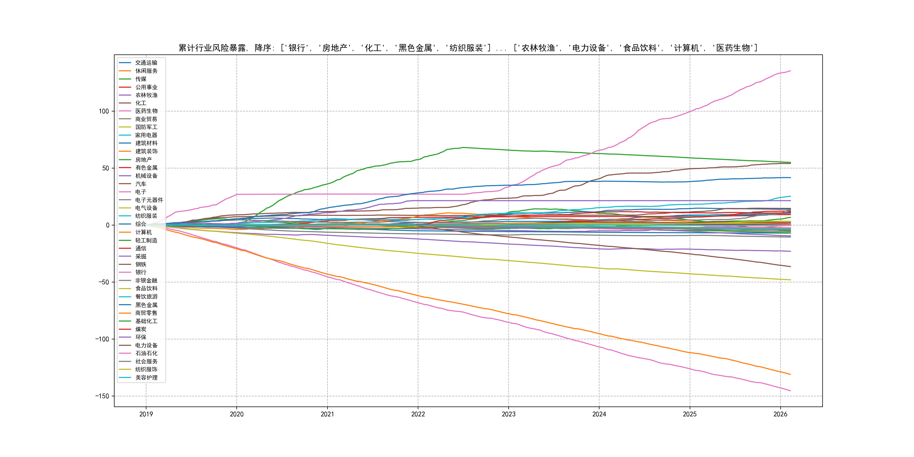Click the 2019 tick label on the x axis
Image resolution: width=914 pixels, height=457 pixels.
(146, 414)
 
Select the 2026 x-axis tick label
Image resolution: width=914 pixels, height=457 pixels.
(780, 414)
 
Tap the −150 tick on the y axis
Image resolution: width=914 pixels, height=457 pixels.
(102, 396)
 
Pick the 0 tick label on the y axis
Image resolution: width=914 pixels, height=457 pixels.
(107, 225)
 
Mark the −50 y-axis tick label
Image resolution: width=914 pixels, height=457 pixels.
(104, 282)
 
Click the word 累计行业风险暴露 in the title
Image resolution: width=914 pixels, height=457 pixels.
(212, 48)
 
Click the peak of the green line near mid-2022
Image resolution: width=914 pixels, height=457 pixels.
(462, 147)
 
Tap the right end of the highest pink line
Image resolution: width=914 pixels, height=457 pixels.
(790, 71)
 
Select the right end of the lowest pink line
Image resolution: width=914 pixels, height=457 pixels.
(790, 391)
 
